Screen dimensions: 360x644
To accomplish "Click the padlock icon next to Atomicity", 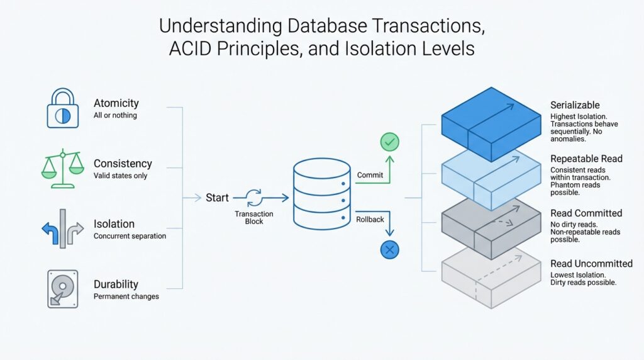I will pos(63,108).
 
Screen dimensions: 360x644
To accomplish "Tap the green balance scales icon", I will pos(62,169).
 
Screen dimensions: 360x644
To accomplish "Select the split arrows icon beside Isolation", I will pos(62,228).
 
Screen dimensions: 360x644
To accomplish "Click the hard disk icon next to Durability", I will pos(62,289).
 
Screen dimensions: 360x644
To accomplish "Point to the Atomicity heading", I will pos(116,103).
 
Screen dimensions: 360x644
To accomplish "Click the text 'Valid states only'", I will pos(120,176).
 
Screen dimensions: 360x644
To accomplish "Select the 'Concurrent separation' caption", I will pos(130,236).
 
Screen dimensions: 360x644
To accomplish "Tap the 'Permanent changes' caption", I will pos(126,296).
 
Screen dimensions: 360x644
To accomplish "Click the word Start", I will pos(217,198).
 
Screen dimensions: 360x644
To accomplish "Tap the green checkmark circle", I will pos(390,142).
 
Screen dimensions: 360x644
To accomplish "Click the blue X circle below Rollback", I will pos(390,250).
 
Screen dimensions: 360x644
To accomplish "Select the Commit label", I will pos(370,174).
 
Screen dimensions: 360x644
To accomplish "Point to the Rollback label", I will pos(371,220).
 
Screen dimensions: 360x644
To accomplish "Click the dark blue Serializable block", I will pos(491,125).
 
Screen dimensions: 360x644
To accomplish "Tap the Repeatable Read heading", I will pos(586,159).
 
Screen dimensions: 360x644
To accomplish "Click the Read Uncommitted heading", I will pos(591,264).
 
